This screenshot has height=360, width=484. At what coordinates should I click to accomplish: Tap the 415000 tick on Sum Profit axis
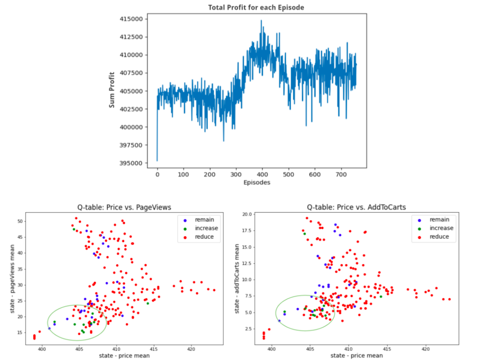pos(142,19)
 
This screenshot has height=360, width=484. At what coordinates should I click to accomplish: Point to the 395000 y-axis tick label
pos(142,163)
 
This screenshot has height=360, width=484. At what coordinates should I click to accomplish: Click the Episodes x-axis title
pos(257,183)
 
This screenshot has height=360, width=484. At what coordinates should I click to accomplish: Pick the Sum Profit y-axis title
pos(112,91)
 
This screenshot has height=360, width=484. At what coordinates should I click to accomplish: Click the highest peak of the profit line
pos(261,20)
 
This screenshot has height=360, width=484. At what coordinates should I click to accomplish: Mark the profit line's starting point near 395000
pos(157,160)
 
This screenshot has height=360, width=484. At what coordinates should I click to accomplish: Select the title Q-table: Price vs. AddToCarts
pos(356,207)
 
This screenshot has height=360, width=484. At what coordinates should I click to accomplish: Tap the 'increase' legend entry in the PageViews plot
pos(206,228)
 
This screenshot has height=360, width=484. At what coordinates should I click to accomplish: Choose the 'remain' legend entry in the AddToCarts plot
pos(439,220)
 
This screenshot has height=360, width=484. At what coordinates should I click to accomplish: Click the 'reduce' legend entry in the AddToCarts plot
pos(439,237)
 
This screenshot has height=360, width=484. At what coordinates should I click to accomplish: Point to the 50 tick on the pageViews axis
pos(19,221)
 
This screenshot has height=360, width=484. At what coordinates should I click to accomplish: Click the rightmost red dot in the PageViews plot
pos(214,290)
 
